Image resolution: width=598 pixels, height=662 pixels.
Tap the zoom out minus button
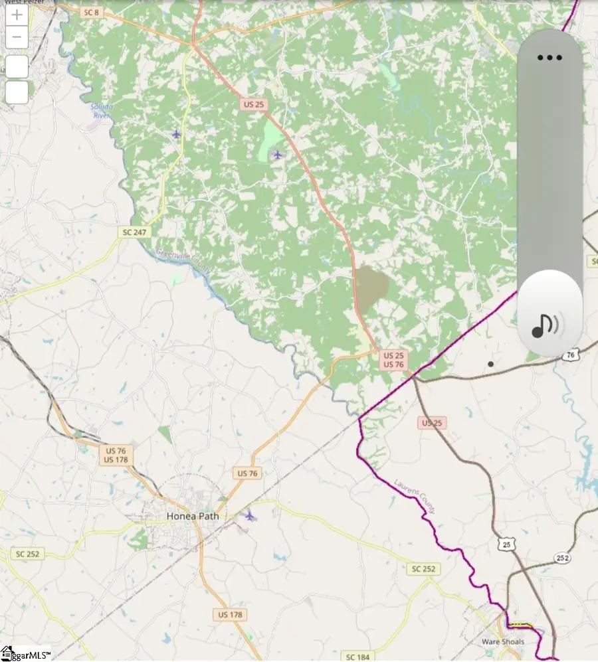[17, 37]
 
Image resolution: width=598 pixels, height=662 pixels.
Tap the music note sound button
[546, 325]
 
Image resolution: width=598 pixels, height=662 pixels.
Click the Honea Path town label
[192, 516]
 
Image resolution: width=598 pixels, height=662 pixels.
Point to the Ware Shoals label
[503, 642]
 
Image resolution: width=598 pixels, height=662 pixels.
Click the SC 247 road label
[136, 232]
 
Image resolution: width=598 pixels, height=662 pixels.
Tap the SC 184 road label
[358, 657]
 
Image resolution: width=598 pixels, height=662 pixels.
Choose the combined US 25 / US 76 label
[393, 360]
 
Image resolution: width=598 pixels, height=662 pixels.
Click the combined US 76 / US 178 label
[116, 455]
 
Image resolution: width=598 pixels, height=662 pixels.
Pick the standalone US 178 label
[230, 615]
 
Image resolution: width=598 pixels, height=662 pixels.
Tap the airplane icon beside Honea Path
[249, 515]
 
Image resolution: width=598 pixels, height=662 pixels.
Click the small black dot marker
[490, 364]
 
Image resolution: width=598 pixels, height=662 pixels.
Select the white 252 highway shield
[563, 557]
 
